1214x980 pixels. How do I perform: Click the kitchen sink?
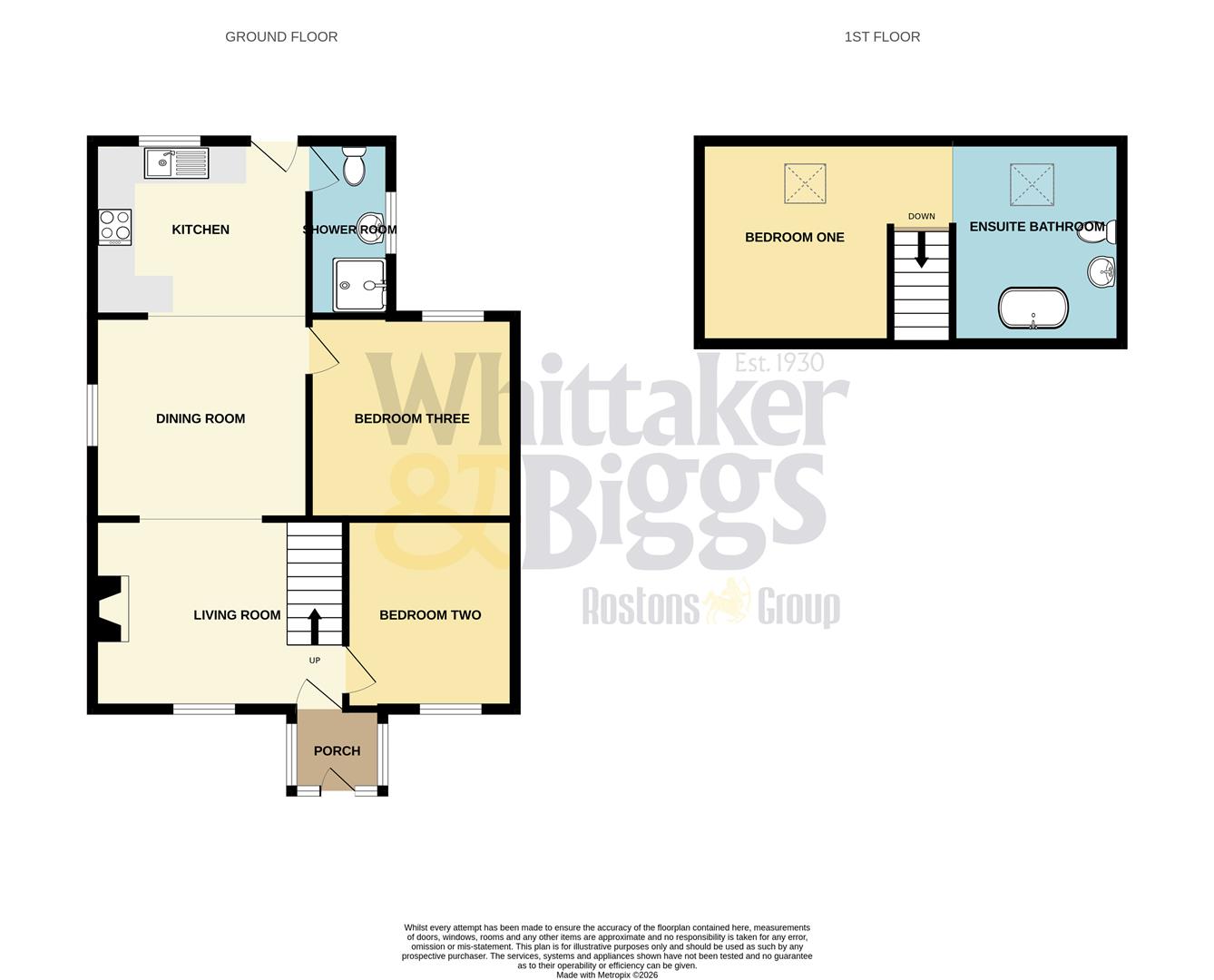coord(176,163)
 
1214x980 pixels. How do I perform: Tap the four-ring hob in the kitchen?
coord(115,227)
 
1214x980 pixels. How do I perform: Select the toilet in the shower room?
coord(354,167)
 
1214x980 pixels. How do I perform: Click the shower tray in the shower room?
coord(360,284)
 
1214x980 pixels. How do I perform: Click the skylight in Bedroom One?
coord(806,183)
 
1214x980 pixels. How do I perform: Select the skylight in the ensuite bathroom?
coord(1033,184)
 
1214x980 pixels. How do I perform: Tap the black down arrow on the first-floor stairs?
coord(922,250)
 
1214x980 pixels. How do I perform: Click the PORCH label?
coord(337,751)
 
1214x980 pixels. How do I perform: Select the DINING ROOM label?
coord(201,419)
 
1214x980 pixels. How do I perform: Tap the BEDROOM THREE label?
coord(412,419)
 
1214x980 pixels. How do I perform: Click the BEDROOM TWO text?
coord(430,615)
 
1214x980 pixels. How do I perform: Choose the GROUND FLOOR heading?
coord(281,37)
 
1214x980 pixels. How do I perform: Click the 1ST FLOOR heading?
coord(882,37)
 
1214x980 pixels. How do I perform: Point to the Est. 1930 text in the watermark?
coord(778,363)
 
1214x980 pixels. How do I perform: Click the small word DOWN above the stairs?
coord(921,216)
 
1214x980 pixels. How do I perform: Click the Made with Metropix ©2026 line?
coord(607,975)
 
